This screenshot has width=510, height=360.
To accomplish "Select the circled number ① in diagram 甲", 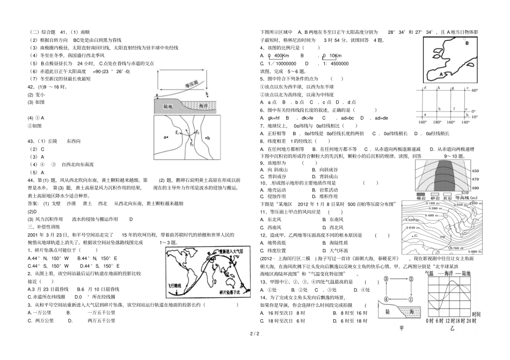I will pos(388,279).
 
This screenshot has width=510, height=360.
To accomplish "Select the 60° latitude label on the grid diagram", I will pos(474,91).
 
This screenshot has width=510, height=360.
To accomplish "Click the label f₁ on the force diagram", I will pos(177,131).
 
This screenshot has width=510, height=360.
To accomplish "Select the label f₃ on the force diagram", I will pos(190,143).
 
